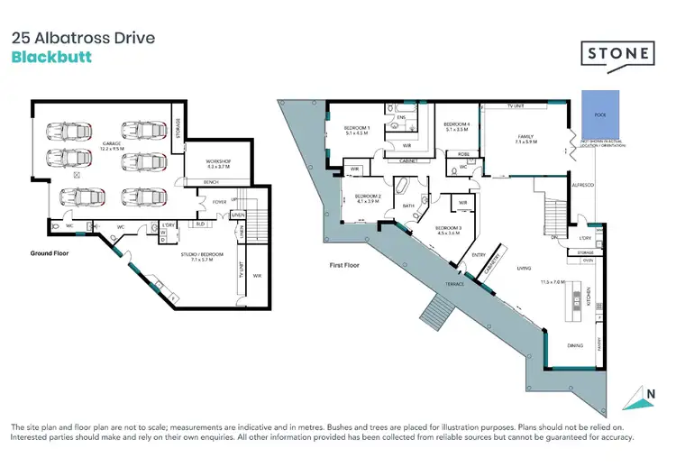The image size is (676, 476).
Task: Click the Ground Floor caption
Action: tap(48, 253)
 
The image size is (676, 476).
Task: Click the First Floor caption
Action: tap(343, 266)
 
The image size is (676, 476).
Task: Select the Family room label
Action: tap(525, 138)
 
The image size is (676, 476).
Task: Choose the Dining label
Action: tap(573, 344)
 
